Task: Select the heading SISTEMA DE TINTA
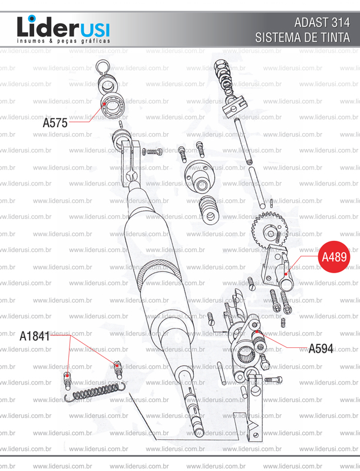tap(303, 38)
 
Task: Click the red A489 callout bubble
tap(334, 257)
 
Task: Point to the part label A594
tap(321, 348)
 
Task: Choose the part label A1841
tap(34, 336)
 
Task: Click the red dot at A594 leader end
tap(257, 333)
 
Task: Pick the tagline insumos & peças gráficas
tap(62, 42)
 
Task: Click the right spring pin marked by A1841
tap(117, 370)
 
